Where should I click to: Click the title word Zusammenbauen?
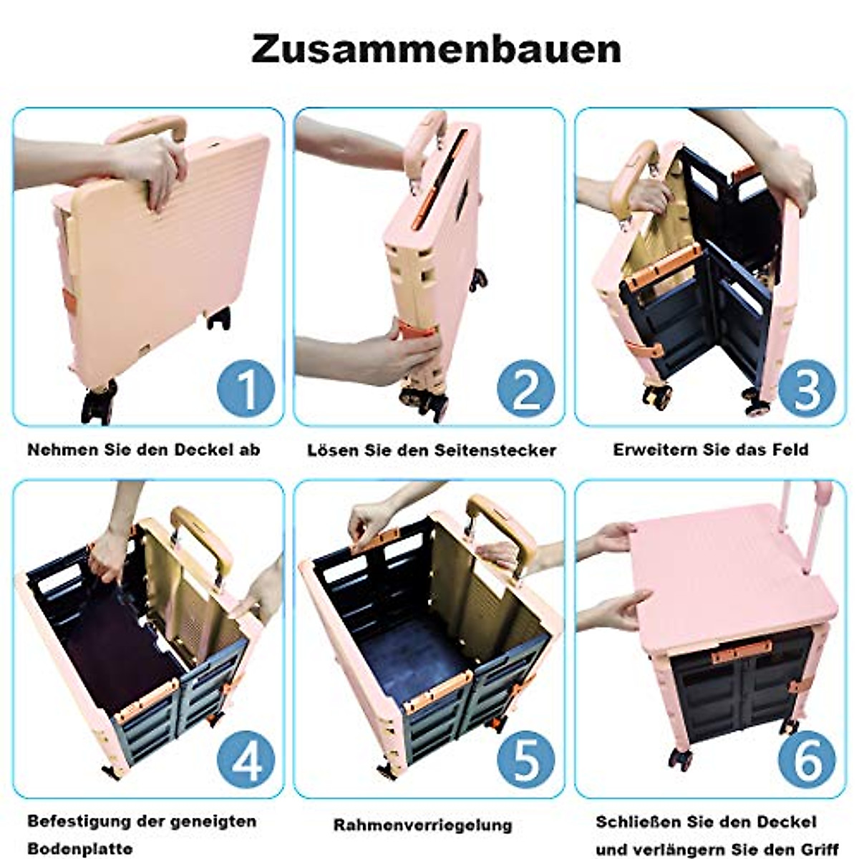[436, 49]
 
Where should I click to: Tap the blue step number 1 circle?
[246, 389]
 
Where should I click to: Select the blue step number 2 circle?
[526, 389]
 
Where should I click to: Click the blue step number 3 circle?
[807, 389]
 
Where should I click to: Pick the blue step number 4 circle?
[246, 761]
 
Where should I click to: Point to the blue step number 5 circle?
[526, 761]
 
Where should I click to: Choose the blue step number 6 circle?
[807, 761]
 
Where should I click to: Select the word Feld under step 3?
[790, 450]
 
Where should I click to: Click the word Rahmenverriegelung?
[423, 825]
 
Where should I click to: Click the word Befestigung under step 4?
[79, 821]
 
